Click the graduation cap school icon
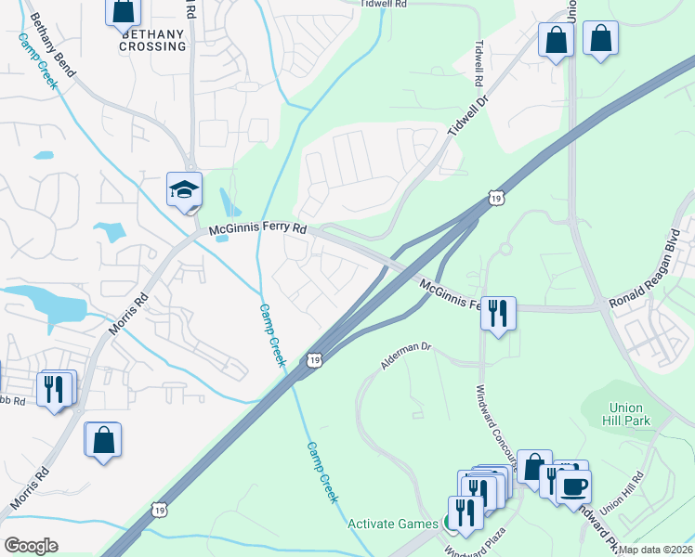coord(184,189)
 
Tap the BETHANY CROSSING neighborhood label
coord(153,39)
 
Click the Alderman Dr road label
coord(406,356)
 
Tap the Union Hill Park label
coord(630,414)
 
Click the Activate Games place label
coord(392,524)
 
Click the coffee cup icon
coord(573,486)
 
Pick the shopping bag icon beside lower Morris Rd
coord(102,441)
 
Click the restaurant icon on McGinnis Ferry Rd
coord(498,313)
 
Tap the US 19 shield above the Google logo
coord(161,509)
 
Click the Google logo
coord(31,546)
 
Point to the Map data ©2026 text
coord(656,550)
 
